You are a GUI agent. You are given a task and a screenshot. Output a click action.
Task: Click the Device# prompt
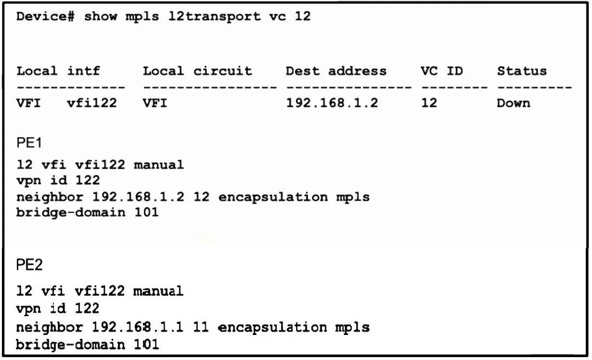pos(45,16)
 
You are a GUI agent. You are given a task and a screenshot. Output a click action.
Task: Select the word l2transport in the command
pos(214,17)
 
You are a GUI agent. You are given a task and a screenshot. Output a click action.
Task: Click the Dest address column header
pos(336,71)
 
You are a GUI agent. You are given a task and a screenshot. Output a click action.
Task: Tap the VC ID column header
pos(442,71)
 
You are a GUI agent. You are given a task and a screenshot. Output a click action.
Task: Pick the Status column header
pos(522,71)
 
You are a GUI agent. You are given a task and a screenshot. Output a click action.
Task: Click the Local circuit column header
pos(197,71)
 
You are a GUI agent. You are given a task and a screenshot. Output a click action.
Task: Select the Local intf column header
pos(58,71)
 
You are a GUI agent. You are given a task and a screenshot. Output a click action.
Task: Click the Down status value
pos(514,103)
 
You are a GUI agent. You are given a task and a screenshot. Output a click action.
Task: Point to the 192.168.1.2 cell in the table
pos(332,103)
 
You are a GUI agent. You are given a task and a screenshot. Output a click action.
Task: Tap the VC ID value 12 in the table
pos(429,103)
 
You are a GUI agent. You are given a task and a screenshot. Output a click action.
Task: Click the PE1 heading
pos(29,143)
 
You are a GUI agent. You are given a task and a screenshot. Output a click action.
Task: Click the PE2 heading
pos(29,264)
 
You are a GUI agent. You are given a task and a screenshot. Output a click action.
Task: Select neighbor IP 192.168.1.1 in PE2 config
pos(138,327)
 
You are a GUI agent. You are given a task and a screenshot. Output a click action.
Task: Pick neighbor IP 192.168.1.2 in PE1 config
pos(138,197)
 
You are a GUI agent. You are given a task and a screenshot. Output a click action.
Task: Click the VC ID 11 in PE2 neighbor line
pos(201,327)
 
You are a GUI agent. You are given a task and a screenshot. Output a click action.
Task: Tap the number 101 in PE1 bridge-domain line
pos(146,213)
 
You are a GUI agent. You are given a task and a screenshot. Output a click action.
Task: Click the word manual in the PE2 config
pos(158,291)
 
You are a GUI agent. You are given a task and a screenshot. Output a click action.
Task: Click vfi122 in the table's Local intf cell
pos(92,103)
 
